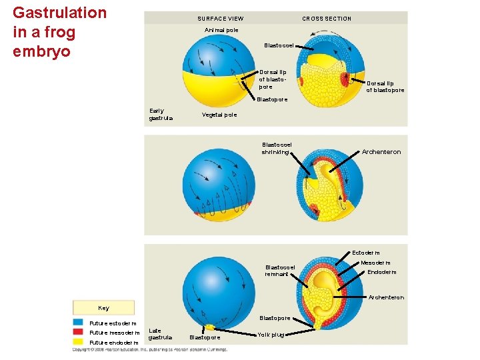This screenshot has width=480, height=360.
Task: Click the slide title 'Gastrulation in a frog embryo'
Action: [59, 32]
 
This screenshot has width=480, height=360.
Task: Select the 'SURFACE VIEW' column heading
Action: [220, 19]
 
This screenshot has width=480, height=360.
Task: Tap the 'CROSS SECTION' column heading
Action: [327, 19]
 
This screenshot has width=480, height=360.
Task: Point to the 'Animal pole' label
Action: [221, 30]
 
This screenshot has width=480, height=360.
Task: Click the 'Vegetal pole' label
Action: [219, 115]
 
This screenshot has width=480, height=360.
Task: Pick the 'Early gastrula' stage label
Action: [161, 115]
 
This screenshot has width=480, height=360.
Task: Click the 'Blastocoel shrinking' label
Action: [276, 148]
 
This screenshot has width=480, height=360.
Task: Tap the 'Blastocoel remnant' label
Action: [279, 270]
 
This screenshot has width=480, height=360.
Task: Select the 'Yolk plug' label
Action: [271, 335]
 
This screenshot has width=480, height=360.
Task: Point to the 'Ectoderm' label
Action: [365, 253]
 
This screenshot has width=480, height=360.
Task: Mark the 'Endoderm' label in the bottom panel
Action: [381, 272]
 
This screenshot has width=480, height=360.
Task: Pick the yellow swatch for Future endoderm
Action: [79, 343]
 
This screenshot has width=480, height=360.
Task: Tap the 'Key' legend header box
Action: [103, 308]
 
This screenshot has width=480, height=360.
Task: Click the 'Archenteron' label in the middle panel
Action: [381, 152]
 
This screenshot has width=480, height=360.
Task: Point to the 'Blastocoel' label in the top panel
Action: [279, 45]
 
